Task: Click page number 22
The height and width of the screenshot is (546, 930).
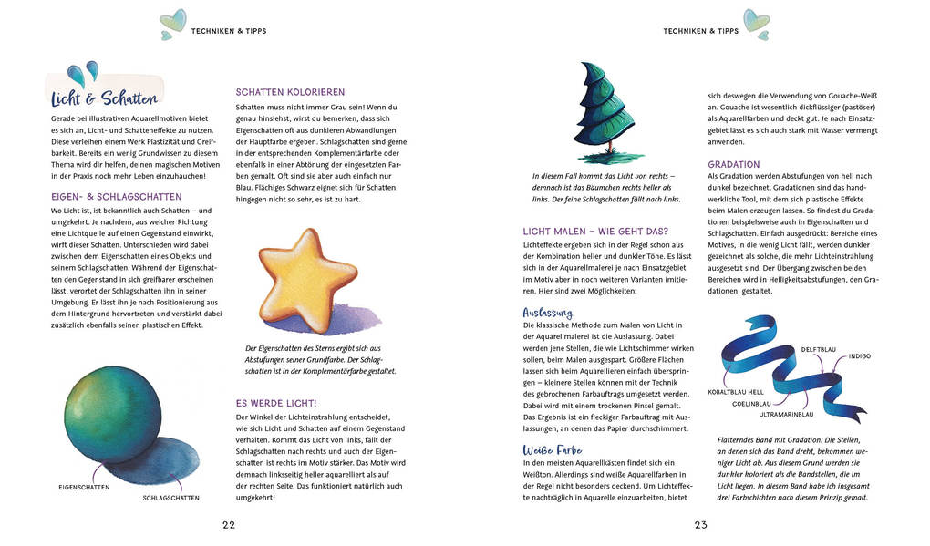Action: point(229,524)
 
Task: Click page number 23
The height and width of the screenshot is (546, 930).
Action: point(700,524)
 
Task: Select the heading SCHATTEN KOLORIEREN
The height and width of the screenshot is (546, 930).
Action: point(290,92)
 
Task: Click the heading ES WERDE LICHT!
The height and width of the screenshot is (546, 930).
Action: point(276,402)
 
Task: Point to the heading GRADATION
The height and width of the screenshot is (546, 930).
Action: point(734,164)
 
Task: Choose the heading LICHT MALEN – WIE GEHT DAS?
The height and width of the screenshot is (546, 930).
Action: point(595,231)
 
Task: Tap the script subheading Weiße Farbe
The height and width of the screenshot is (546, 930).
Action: point(553,450)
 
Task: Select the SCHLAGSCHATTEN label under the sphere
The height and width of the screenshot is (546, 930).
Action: point(170,498)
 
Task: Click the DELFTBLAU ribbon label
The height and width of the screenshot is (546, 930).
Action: point(820,349)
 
